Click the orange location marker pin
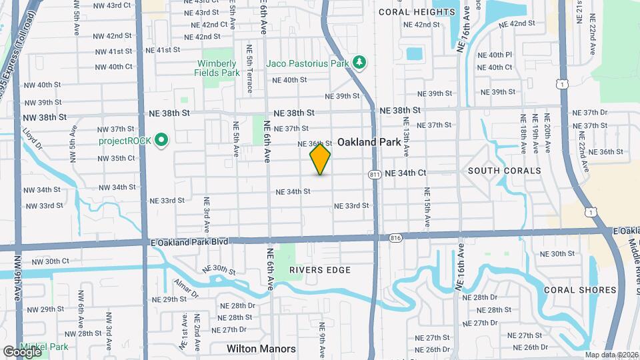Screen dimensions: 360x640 click(x=320, y=159)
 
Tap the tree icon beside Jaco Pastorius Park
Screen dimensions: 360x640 click(x=360, y=63)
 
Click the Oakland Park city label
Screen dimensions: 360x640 click(x=369, y=142)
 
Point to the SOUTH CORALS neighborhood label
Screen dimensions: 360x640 click(x=504, y=171)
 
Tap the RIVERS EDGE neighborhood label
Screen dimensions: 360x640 click(x=320, y=269)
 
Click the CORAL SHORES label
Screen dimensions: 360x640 click(x=580, y=290)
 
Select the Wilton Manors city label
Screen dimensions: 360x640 click(x=261, y=348)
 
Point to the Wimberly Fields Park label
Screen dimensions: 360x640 click(x=217, y=67)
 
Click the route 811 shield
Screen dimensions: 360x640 click(x=375, y=174)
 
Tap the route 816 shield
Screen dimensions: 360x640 click(x=396, y=237)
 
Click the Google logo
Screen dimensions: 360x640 click(x=22, y=351)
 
